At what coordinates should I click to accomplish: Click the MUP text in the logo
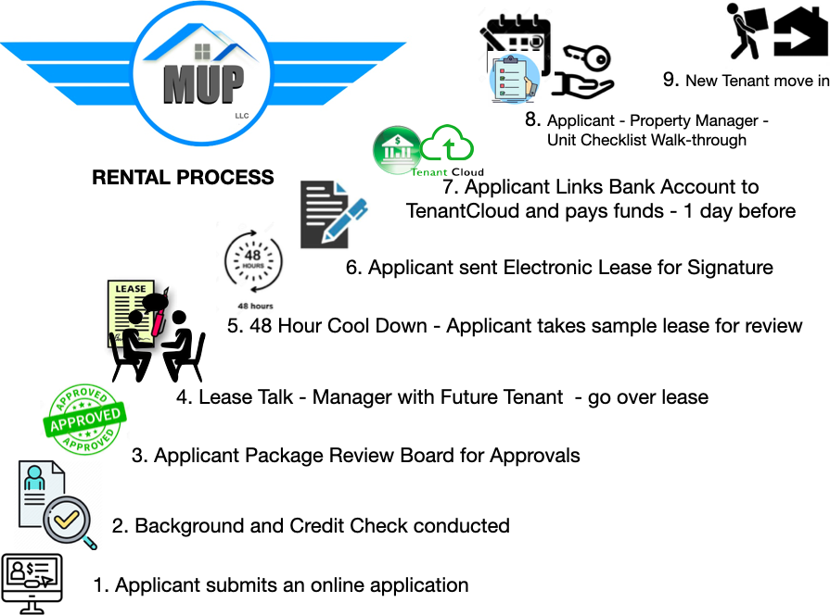pyautogui.click(x=203, y=84)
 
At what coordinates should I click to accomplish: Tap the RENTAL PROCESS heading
pyautogui.click(x=183, y=177)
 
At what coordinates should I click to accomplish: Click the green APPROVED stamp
pyautogui.click(x=84, y=419)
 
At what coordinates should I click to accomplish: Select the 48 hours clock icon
pyautogui.click(x=253, y=261)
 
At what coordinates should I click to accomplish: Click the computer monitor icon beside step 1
pyautogui.click(x=32, y=584)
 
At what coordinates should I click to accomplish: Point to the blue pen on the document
pyautogui.click(x=344, y=219)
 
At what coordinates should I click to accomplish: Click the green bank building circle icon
pyautogui.click(x=397, y=150)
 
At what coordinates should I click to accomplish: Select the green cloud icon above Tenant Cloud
pyautogui.click(x=447, y=143)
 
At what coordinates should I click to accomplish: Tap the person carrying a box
pyautogui.click(x=747, y=31)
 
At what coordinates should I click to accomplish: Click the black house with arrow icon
pyautogui.click(x=801, y=31)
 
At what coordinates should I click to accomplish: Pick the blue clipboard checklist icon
pyautogui.click(x=514, y=78)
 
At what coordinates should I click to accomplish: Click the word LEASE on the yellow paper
pyautogui.click(x=131, y=289)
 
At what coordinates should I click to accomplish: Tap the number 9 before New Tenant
pyautogui.click(x=670, y=80)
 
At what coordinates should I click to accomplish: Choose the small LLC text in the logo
pyautogui.click(x=242, y=116)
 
